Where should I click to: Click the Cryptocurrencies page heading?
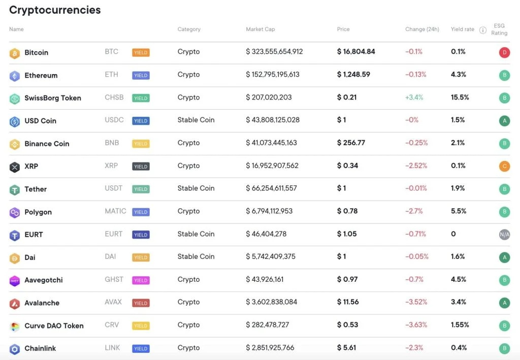[x=55, y=10]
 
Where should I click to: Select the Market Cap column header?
[x=260, y=29]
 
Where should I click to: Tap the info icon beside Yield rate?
[x=482, y=30]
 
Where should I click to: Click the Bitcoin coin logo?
[x=14, y=53]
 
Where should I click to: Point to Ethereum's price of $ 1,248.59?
[x=353, y=75]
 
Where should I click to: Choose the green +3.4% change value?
[x=414, y=97]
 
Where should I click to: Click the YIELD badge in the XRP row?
[x=141, y=167]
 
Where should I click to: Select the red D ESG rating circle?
[x=504, y=52]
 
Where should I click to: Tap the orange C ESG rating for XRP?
[x=504, y=167]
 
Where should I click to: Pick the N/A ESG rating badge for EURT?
[x=504, y=235]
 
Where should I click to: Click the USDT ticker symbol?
[x=113, y=188]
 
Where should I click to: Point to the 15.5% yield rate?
[x=460, y=97]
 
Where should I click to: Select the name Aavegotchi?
[x=44, y=280]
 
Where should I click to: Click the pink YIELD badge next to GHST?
[x=141, y=280]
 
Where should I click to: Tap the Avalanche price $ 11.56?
[x=348, y=302]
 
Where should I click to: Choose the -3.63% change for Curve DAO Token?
[x=416, y=325]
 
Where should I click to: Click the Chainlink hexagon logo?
[x=14, y=349]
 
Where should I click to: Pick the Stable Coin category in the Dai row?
[x=196, y=257]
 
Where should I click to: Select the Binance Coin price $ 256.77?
[x=351, y=143]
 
